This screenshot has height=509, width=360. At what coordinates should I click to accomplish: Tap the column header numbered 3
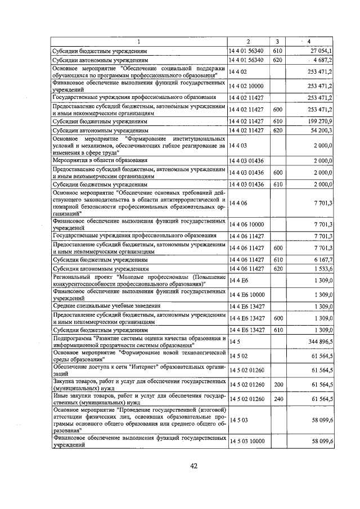[x=277, y=41]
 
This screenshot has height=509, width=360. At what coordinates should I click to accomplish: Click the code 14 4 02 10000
[x=246, y=85]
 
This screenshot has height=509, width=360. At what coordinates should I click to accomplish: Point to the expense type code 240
[x=277, y=414]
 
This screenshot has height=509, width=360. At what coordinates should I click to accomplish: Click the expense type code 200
[x=277, y=399]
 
